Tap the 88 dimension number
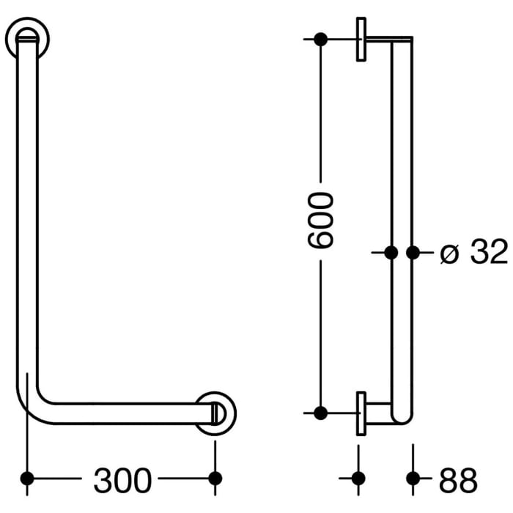(x=458, y=480)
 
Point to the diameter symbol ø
(x=449, y=254)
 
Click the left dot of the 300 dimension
(x=28, y=479)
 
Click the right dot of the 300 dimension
(x=215, y=479)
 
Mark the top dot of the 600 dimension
(x=320, y=39)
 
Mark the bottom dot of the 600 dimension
(x=320, y=413)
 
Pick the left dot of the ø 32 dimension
(x=391, y=253)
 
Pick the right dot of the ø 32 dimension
(x=413, y=253)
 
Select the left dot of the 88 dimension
(x=358, y=479)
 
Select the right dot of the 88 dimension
(x=413, y=479)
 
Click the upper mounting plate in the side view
(x=361, y=39)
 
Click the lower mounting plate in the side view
(x=361, y=413)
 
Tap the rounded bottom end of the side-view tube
(x=402, y=418)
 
